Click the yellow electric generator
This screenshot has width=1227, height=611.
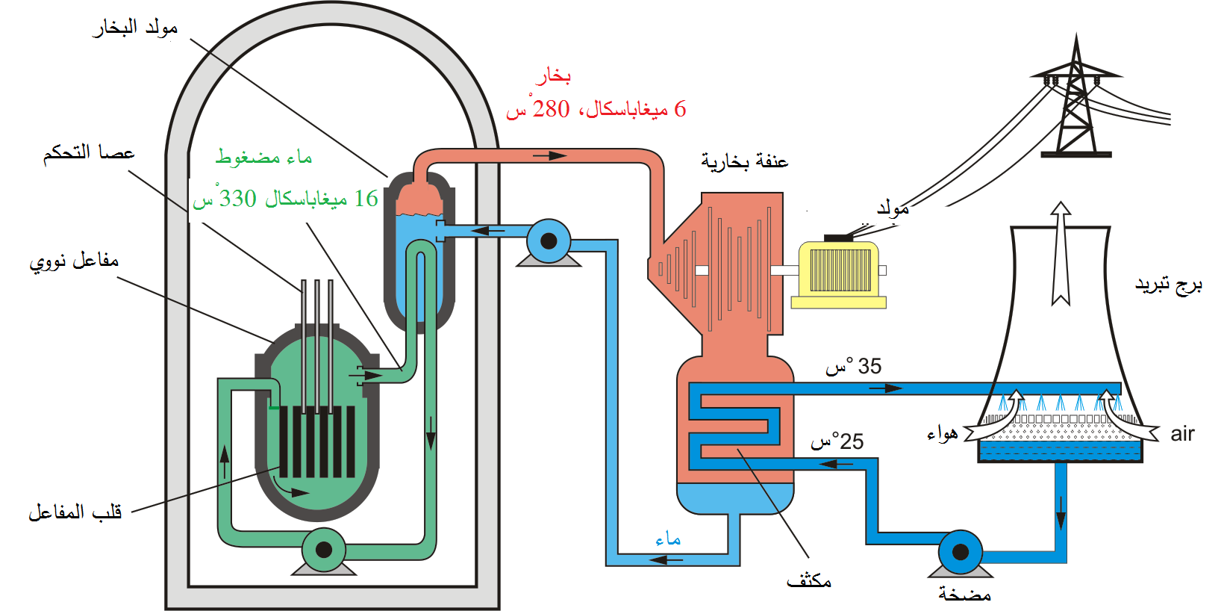[x=838, y=273]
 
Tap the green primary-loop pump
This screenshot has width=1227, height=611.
[x=324, y=550]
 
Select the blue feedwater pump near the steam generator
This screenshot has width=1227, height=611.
[x=549, y=241]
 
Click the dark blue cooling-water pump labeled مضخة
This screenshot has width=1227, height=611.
[x=961, y=553]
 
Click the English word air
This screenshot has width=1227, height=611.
[x=1182, y=434]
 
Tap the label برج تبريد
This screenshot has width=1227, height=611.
[x=1168, y=285]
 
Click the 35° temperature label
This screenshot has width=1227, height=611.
[x=853, y=366]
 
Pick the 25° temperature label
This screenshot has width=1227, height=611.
[x=837, y=441]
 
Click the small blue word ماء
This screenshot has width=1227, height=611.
[x=668, y=539]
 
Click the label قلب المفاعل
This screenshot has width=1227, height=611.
[x=75, y=512]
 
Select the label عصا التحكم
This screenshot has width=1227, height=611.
[x=89, y=152]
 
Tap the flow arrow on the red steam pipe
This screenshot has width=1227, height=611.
[x=549, y=156]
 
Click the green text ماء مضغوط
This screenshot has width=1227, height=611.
[x=264, y=158]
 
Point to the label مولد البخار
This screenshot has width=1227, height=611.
[x=135, y=28]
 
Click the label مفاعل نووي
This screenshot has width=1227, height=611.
[x=74, y=260]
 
